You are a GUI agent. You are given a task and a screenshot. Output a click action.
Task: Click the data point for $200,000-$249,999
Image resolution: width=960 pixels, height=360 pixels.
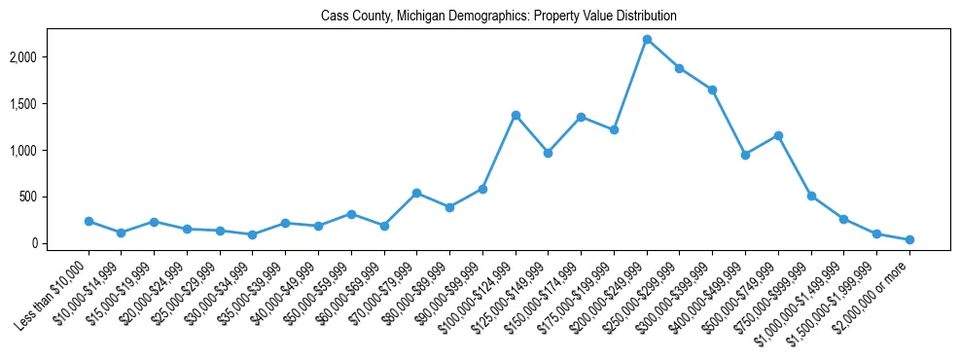pyautogui.click(x=647, y=40)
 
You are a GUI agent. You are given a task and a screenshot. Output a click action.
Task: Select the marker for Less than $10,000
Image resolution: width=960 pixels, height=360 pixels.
pyautogui.click(x=89, y=222)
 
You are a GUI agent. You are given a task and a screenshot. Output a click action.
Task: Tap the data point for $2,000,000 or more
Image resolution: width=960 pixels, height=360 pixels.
pyautogui.click(x=909, y=239)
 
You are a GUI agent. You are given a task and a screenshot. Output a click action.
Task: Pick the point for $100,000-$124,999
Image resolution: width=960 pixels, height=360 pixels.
pyautogui.click(x=516, y=115)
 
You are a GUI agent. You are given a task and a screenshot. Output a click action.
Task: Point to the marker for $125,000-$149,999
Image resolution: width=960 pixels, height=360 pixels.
pyautogui.click(x=549, y=153)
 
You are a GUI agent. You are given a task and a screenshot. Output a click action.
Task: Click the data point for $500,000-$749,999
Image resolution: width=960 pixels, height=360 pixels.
pyautogui.click(x=778, y=135)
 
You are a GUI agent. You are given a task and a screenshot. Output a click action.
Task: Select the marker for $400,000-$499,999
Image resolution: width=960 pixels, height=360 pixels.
pyautogui.click(x=745, y=155)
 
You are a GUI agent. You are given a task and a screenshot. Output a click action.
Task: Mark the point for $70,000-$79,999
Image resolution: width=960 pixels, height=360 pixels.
pyautogui.click(x=417, y=193)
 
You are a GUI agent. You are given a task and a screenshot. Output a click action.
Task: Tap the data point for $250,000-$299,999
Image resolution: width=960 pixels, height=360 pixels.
pyautogui.click(x=680, y=68)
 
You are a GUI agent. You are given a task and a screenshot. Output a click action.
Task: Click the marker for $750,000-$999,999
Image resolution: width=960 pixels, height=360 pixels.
pyautogui.click(x=811, y=196)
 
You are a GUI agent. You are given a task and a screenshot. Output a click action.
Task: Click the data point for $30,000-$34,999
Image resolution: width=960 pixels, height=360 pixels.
pyautogui.click(x=253, y=234)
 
